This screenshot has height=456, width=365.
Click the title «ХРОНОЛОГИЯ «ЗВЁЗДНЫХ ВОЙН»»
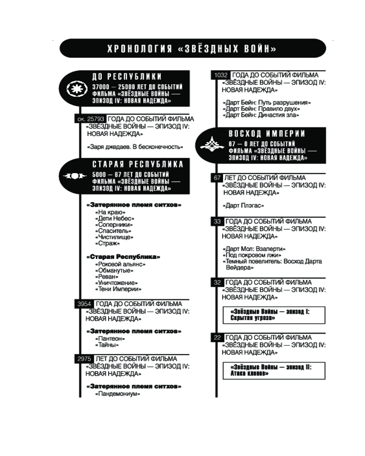192,49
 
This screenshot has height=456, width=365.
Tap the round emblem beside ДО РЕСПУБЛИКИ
77,88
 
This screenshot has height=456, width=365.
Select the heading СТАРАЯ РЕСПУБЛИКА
138,164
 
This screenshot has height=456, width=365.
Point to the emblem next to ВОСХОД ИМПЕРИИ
212,144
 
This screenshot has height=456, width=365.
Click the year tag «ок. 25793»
90,119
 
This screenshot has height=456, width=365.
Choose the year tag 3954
84,304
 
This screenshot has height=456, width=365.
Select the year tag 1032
221,75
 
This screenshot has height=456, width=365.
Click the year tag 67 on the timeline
217,178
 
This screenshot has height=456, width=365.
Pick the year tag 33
217,222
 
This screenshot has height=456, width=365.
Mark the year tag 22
217,337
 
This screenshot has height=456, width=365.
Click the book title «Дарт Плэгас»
243,206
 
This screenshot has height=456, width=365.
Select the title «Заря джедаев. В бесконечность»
135,147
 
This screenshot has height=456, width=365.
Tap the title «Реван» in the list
106,277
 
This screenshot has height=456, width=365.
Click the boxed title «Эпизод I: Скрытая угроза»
274,315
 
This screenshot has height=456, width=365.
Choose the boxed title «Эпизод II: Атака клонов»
274,370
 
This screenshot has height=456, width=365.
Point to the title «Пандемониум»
117,394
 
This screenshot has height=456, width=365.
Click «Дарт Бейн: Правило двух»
261,109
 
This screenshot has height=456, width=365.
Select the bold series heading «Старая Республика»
123,257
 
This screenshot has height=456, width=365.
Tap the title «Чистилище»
114,237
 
